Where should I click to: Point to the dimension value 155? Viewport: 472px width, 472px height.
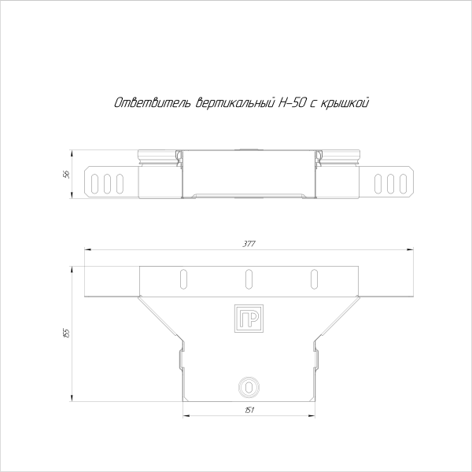(x=67, y=334)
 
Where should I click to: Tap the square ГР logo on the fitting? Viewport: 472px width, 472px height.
(x=249, y=317)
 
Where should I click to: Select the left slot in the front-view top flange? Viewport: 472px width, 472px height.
(x=183, y=278)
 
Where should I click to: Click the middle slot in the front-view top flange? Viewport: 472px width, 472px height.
(x=249, y=278)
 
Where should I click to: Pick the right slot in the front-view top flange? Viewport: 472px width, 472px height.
(x=314, y=278)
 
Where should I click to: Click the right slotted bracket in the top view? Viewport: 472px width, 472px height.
(x=391, y=182)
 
